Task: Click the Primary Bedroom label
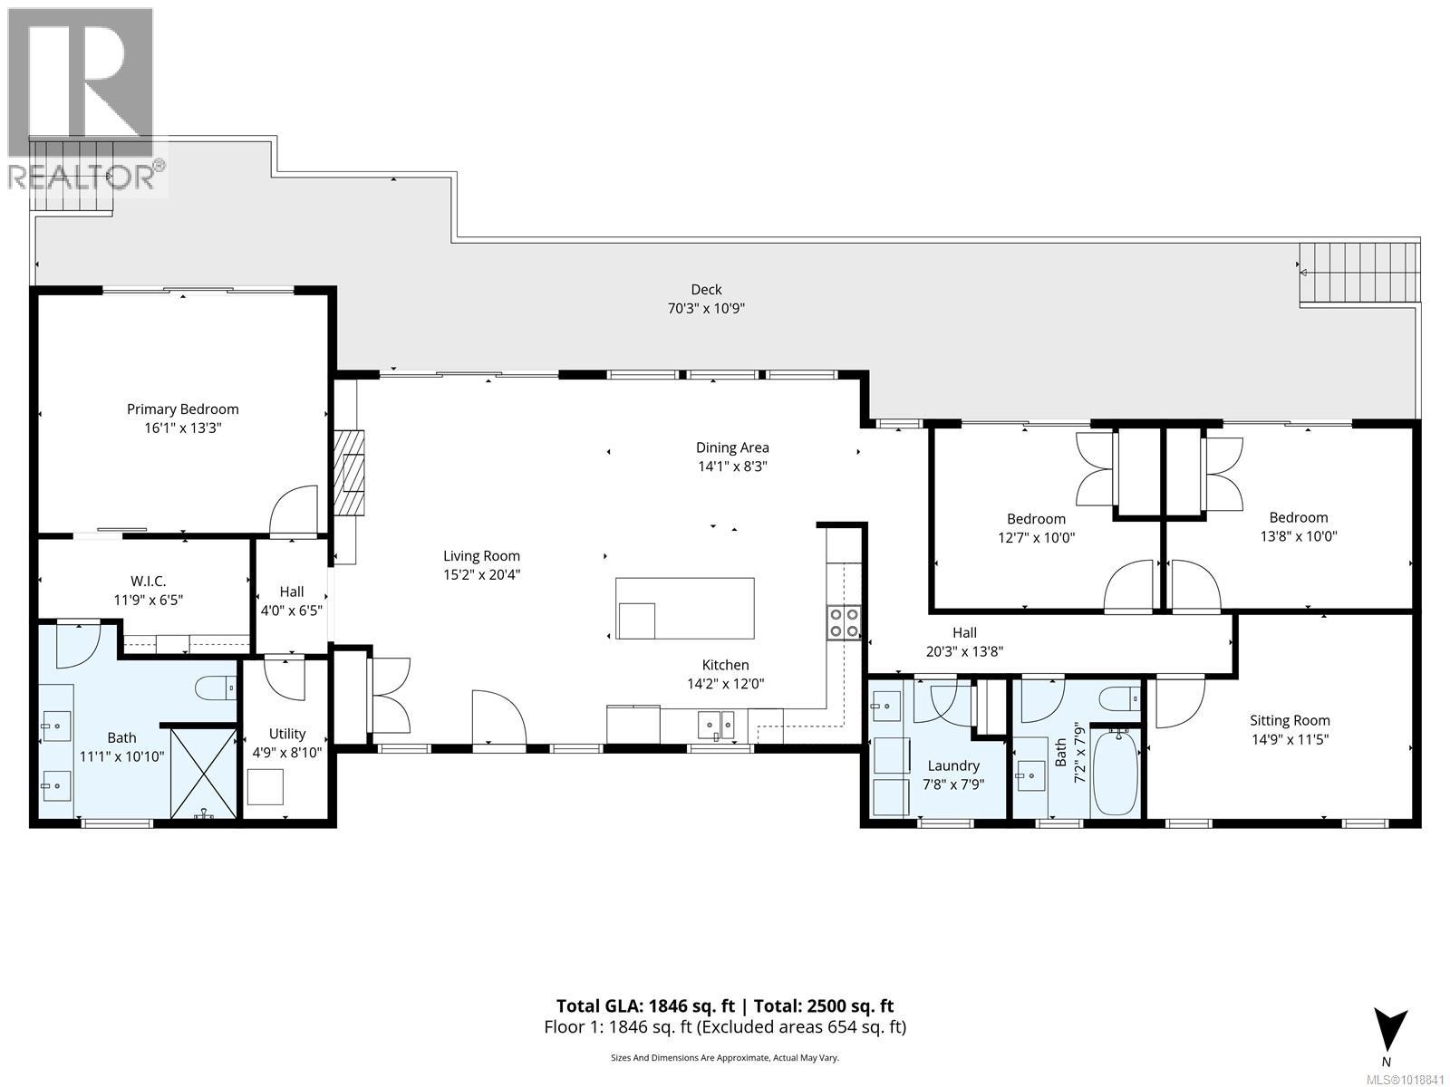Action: tap(182, 409)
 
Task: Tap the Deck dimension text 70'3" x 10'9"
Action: tap(706, 309)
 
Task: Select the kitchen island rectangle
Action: tap(684, 608)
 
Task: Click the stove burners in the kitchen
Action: tap(844, 622)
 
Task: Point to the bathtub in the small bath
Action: tap(1115, 773)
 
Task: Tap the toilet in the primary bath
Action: tap(217, 688)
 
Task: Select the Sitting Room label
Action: tap(1290, 721)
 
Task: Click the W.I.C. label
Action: tap(148, 581)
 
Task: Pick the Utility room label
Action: tap(287, 734)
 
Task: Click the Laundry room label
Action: tap(952, 765)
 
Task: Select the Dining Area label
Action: tap(732, 447)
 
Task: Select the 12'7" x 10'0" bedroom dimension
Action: tap(1036, 537)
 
